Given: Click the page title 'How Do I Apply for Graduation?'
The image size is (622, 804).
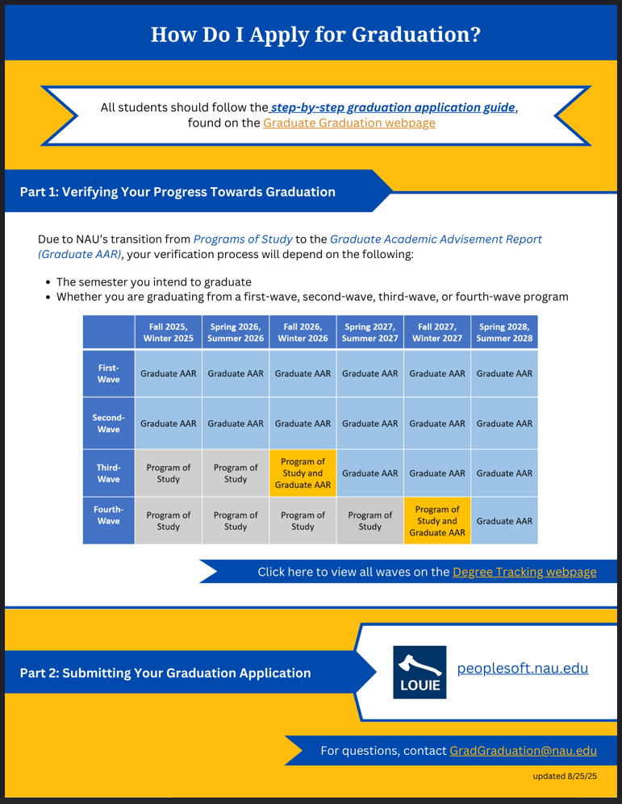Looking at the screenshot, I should pyautogui.click(x=315, y=35).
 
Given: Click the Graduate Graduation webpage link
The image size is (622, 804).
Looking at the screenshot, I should pyautogui.click(x=349, y=123).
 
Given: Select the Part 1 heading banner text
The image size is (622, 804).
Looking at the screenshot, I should pyautogui.click(x=177, y=192).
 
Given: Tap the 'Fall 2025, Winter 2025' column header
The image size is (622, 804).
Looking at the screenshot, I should pyautogui.click(x=168, y=332).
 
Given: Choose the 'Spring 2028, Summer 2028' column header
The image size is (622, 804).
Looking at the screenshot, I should pyautogui.click(x=504, y=332).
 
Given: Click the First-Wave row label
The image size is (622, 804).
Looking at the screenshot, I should pyautogui.click(x=108, y=373).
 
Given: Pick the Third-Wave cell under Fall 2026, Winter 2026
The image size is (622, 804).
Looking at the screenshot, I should pyautogui.click(x=303, y=473).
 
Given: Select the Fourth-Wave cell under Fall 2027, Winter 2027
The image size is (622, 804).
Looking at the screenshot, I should pyautogui.click(x=436, y=521).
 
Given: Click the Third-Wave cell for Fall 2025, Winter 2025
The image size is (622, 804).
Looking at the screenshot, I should pyautogui.click(x=168, y=473).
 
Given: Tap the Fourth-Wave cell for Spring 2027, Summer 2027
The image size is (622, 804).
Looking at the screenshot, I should pyautogui.click(x=369, y=521).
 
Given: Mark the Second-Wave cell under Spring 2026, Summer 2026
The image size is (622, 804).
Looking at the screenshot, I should pyautogui.click(x=235, y=423).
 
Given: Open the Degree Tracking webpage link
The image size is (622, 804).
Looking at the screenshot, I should pyautogui.click(x=524, y=572).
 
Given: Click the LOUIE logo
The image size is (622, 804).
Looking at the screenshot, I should pyautogui.click(x=420, y=672).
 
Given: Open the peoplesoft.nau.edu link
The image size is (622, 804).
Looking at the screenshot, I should pyautogui.click(x=523, y=669).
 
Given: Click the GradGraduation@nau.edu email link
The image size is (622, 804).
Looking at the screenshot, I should pyautogui.click(x=523, y=751).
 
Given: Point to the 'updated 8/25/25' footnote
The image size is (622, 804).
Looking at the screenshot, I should pyautogui.click(x=565, y=777).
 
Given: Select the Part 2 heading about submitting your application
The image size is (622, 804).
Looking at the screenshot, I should pyautogui.click(x=165, y=673).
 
